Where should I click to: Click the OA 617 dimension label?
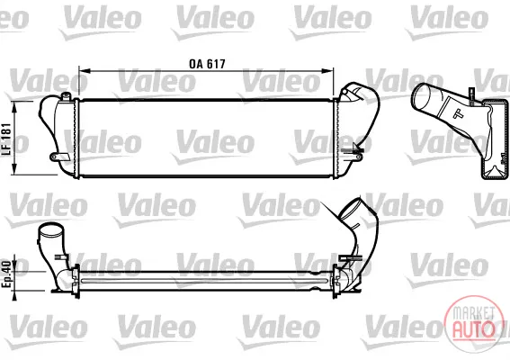coord(207,64)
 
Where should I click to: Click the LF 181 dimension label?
coord(7,139)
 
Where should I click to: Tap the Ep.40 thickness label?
coord(7,274)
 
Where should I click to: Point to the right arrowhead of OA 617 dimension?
coord(327,71)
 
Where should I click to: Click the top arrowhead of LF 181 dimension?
coord(14,107)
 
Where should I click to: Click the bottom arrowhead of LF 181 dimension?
coord(14,169)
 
